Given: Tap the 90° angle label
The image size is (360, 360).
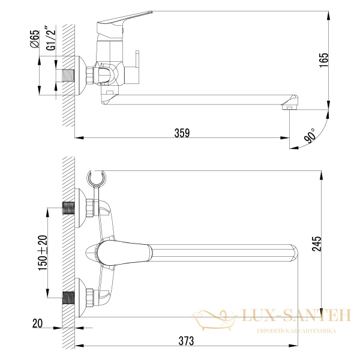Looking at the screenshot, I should pos(310,136).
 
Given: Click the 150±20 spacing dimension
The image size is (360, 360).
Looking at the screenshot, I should pos(42,253).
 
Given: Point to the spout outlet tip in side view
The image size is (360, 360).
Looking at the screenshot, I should pos(289,107).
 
